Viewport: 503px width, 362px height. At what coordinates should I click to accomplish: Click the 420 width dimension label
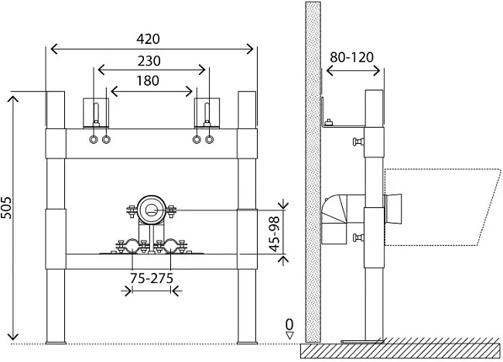coord(148,39)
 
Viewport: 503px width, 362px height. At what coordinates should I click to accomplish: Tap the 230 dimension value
coord(149,61)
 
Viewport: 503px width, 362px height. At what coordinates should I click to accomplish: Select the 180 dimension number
coord(148,80)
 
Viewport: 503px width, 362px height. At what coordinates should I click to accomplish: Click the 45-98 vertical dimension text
coord(275,234)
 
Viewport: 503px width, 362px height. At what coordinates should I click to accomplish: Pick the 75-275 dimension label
coord(152,278)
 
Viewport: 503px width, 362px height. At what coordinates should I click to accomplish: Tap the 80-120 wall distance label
coord(352,57)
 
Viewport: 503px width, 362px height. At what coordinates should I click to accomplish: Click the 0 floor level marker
coord(289,325)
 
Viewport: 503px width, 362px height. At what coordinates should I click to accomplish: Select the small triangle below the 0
coord(289,336)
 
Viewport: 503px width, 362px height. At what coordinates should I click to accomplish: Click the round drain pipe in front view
coord(152,210)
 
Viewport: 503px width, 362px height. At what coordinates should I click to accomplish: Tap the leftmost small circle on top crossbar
coord(94,139)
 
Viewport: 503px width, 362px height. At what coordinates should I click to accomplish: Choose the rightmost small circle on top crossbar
coord(210,139)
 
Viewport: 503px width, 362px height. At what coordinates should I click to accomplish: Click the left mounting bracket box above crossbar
coord(96,112)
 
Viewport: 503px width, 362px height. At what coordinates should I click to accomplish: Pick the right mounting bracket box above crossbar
coord(207,112)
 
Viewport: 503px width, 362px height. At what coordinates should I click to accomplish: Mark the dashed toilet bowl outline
coord(443,207)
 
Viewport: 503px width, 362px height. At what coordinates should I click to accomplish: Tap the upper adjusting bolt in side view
coord(358,142)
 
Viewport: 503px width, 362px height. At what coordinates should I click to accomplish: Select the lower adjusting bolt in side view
coord(358,237)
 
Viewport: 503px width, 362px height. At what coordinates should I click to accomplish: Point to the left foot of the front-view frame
coord(56,343)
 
